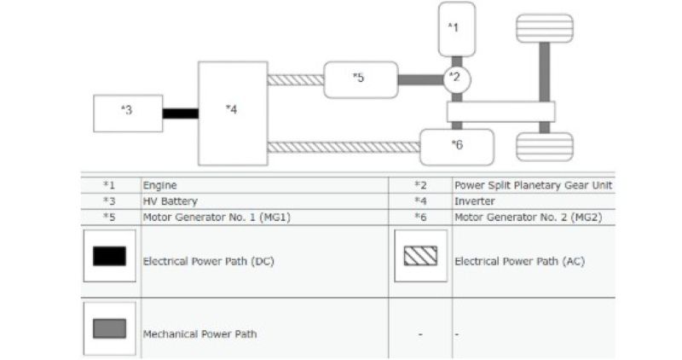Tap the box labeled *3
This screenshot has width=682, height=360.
pos(128,113)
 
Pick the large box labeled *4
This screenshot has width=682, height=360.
pos(232,113)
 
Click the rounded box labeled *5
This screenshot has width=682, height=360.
pos(361,79)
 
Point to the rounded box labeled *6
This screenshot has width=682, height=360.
pos(457,146)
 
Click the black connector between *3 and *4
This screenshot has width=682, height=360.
pos(181,113)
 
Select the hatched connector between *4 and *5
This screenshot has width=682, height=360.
pos(295,80)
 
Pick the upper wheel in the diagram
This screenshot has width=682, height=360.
pos(544,27)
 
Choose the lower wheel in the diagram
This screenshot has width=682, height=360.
pos(544,146)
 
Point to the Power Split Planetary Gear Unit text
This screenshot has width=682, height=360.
pos(533,184)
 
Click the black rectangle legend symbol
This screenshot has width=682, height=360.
pos(109,256)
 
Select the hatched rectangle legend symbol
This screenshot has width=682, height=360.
pos(420,256)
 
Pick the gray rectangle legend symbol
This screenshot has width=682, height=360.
pos(109,328)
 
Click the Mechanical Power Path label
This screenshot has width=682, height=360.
pos(199,334)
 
